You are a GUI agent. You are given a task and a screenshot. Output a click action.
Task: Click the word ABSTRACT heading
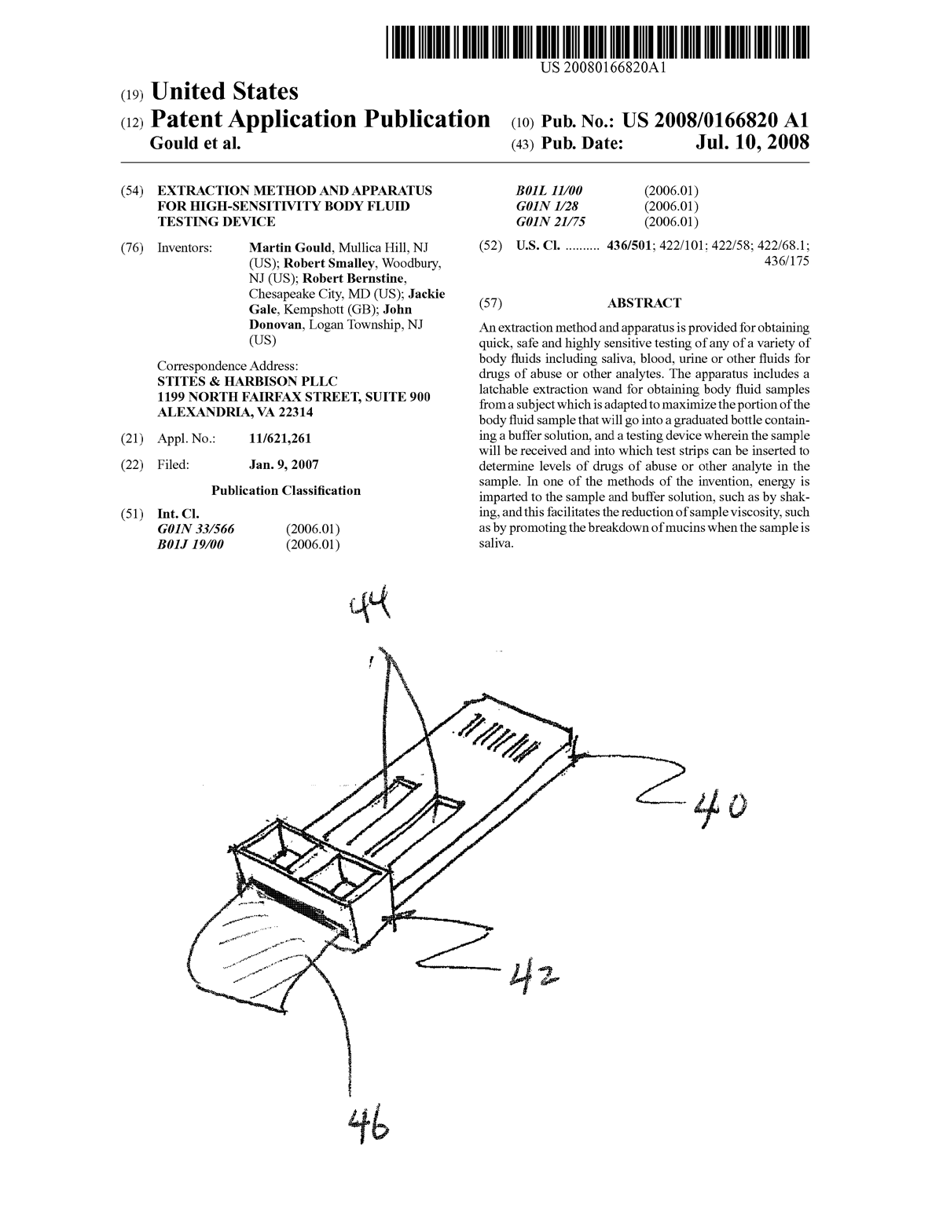coord(644,303)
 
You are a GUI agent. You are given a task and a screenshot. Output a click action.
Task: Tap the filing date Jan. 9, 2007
coord(284,464)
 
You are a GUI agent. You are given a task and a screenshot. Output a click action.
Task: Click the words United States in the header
coord(224,92)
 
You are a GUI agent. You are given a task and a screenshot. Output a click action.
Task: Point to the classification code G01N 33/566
coord(196,529)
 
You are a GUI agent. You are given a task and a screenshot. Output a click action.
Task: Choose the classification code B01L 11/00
coord(549,191)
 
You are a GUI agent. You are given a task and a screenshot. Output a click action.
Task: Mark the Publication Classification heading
coord(286,490)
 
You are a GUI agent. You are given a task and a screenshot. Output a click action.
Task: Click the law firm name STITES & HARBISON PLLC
coord(248,382)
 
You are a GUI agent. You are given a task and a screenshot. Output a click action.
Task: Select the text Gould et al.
coord(195,145)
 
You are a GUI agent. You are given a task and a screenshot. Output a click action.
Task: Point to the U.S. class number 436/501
coord(626,247)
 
